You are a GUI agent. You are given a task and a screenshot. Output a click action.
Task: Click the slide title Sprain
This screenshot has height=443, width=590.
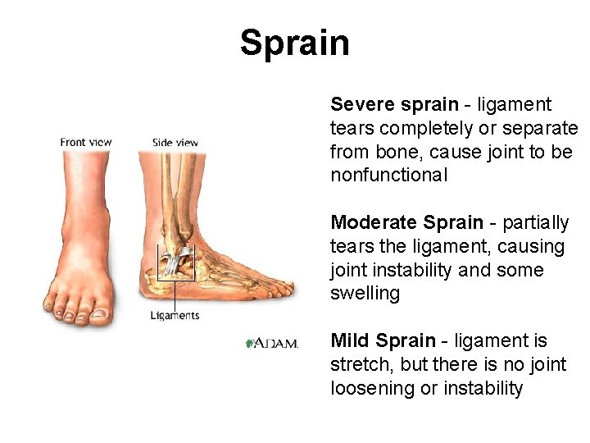click(x=294, y=43)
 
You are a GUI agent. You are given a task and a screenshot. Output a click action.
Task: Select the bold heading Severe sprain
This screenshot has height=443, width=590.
click(x=394, y=105)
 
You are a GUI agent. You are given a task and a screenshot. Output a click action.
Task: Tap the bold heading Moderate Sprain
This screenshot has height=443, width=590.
click(x=406, y=223)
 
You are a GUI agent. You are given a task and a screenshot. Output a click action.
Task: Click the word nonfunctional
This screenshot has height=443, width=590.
click(x=388, y=175)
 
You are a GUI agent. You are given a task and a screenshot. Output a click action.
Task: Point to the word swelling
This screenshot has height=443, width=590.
click(x=365, y=294)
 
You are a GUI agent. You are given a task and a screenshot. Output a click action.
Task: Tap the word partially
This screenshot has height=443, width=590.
click(x=535, y=223)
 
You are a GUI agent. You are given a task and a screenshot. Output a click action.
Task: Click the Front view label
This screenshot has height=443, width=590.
click(x=85, y=142)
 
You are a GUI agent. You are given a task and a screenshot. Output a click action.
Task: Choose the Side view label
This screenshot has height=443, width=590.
click(x=175, y=142)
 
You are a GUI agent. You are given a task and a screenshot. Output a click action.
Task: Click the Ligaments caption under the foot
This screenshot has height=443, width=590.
click(x=175, y=315)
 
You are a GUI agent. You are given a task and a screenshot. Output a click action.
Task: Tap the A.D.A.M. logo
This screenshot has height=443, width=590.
click(x=273, y=343)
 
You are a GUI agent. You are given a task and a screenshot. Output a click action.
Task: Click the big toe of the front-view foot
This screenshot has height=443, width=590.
click(x=99, y=313)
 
